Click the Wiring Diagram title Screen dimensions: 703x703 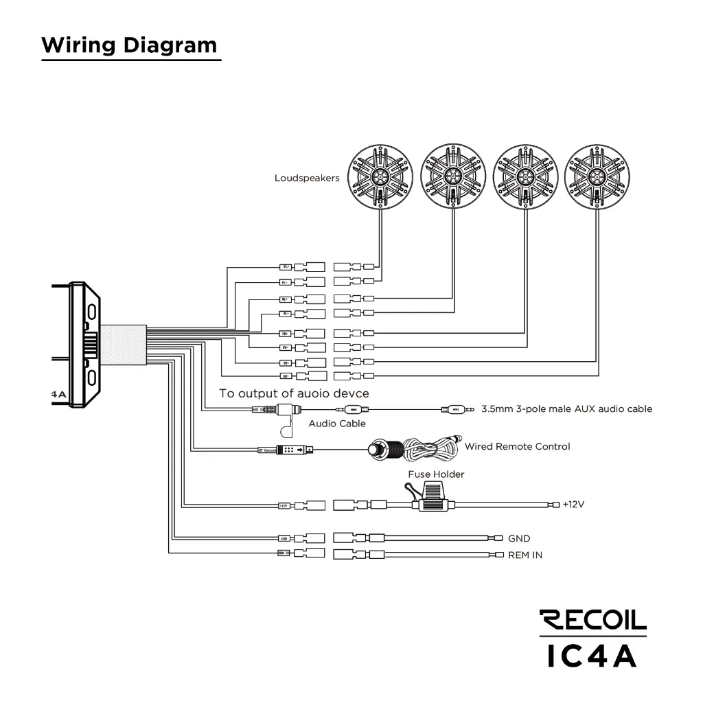pos(129,45)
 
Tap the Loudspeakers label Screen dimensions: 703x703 pos(307,178)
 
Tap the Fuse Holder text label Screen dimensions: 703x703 pos(436,474)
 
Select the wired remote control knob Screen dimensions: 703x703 pos(378,450)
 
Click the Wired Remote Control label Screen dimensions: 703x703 pos(517,446)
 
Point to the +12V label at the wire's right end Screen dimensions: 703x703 pos(573,504)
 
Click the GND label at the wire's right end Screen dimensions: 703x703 pos(519,539)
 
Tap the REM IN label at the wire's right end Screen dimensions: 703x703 pos(525,555)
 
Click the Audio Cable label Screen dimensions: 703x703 pos(337,424)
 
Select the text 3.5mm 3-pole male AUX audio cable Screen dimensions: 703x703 pos(566,409)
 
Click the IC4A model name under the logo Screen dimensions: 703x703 pos(592,656)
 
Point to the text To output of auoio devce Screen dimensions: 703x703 pos(294,393)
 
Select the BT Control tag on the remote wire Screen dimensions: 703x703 pos(266,450)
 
